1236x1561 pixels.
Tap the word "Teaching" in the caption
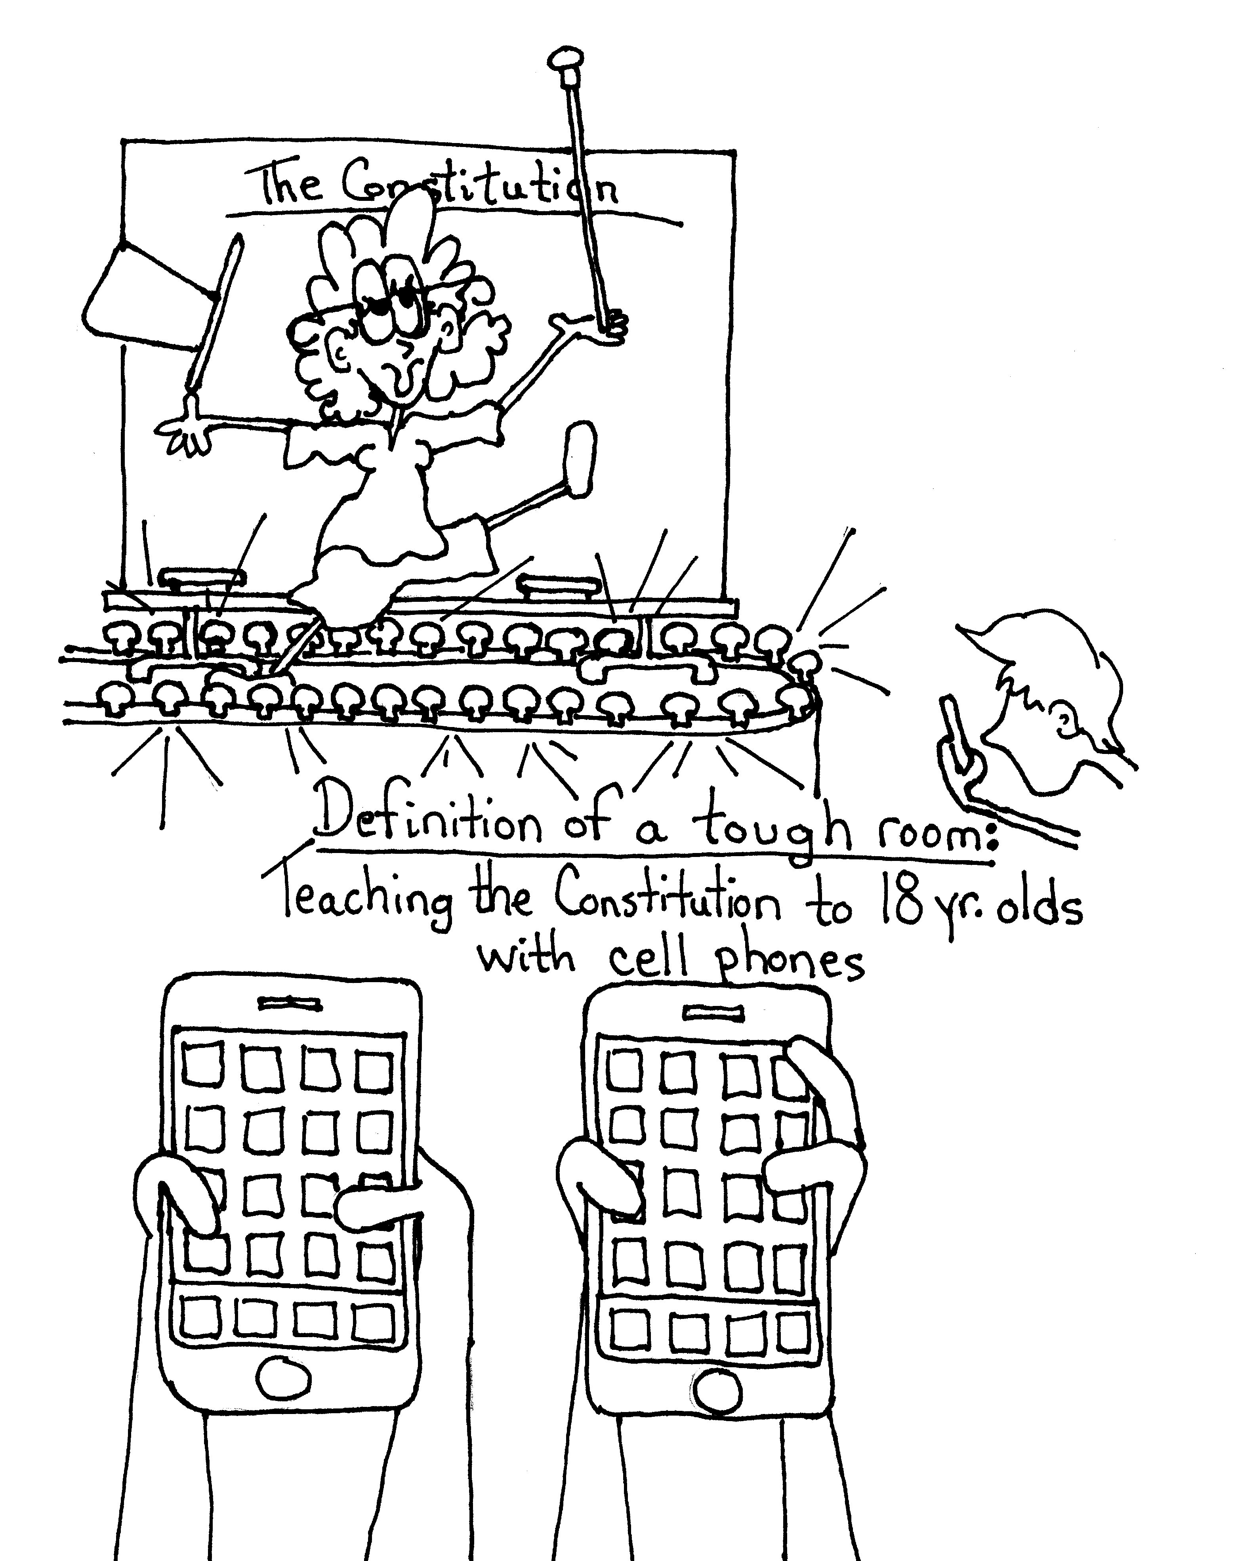tap(369, 905)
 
